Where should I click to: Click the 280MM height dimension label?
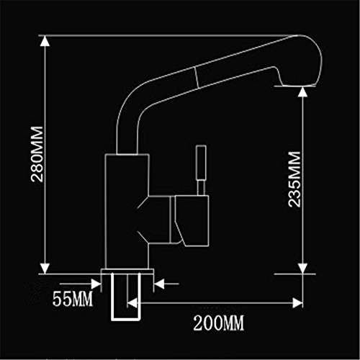point(37,154)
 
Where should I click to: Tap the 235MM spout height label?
point(294,179)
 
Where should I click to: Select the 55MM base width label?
point(73,299)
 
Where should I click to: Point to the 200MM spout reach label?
point(218,323)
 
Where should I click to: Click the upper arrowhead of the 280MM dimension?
point(45,42)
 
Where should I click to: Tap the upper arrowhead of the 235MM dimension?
point(303,92)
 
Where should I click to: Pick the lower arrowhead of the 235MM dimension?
point(303,269)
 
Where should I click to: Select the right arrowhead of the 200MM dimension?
point(297,303)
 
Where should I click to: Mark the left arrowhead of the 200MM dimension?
point(132,303)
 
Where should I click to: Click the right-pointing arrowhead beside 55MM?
point(96,284)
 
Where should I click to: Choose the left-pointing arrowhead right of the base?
point(159,284)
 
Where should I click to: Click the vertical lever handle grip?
point(201,163)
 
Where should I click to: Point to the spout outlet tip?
point(297,86)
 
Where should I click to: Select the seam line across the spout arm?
point(197,77)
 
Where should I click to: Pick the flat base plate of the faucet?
point(127,271)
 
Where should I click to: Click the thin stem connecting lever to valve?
point(201,189)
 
